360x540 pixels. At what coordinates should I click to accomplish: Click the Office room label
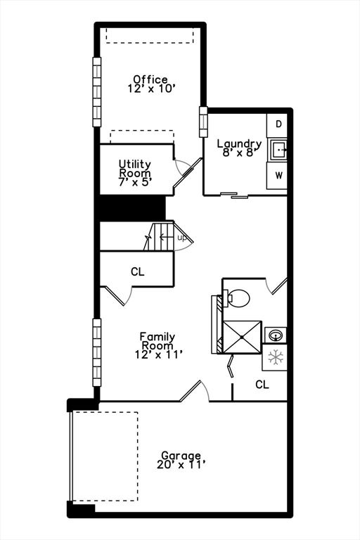pos(150,79)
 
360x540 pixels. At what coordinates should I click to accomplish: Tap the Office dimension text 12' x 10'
pos(150,89)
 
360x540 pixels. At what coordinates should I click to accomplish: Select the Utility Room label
pos(135,168)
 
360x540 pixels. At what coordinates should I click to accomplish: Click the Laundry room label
pos(239,143)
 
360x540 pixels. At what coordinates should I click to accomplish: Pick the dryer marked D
pos(278,124)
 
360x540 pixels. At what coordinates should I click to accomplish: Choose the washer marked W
pos(278,174)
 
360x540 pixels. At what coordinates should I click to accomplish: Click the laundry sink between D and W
pos(279,149)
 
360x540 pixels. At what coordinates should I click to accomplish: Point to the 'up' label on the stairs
pos(181,238)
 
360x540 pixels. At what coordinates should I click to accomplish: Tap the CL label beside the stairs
pos(137,271)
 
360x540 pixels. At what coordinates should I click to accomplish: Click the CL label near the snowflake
pos(262,385)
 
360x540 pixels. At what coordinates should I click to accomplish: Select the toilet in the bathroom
pos(237,298)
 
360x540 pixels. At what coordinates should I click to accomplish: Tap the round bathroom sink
pos(276,333)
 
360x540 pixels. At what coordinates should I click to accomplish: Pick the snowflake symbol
pos(276,358)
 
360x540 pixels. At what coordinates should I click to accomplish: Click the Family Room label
pos(157,342)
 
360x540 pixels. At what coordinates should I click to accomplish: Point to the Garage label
pos(181,455)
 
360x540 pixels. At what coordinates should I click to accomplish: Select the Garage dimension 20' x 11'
pos(181,465)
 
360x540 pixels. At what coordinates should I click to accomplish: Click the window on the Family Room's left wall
pos(97,352)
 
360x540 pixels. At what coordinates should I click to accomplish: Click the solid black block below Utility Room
pos(131,209)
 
